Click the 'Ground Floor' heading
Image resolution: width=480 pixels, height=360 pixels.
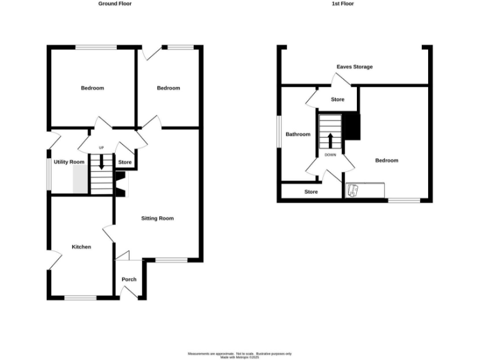[x=115, y=4]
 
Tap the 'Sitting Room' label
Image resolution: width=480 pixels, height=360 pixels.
[x=157, y=218]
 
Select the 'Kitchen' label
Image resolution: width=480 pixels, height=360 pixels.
[x=81, y=247]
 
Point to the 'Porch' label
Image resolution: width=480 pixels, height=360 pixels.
[x=129, y=279]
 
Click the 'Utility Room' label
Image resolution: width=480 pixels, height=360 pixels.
[x=69, y=162]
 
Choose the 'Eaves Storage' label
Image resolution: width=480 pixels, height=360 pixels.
[x=354, y=67]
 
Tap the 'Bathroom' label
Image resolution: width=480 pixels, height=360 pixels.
[x=298, y=134]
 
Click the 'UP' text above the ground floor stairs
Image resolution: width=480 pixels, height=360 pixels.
[x=101, y=147]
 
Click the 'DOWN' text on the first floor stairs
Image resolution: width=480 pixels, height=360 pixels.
[x=330, y=154]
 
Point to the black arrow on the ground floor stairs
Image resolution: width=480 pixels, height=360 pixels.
[x=101, y=163]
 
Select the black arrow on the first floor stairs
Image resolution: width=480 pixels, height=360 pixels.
[x=330, y=139]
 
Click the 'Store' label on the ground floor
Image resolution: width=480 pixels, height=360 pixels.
[x=125, y=162]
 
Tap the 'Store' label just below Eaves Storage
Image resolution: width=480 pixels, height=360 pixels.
[x=337, y=99]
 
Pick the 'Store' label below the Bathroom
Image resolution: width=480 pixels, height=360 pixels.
[x=311, y=192]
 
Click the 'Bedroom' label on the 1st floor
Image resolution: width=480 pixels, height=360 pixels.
[x=386, y=161]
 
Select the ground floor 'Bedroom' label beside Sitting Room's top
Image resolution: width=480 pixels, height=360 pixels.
[x=168, y=88]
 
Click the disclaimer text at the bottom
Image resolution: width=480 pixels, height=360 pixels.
[x=240, y=355]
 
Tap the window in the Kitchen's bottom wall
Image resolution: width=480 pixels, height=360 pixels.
[x=81, y=297]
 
